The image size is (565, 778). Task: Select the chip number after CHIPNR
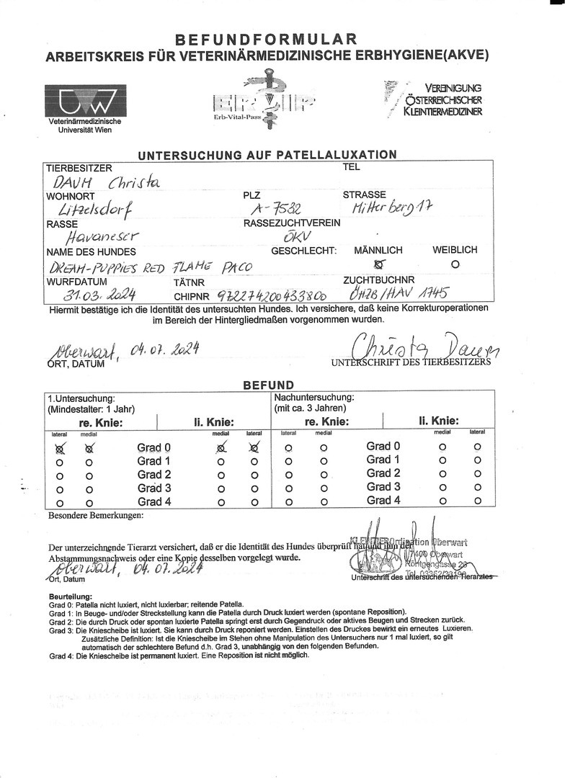[264, 295]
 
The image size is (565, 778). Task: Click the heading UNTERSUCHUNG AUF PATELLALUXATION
[267, 154]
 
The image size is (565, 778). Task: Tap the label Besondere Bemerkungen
[96, 515]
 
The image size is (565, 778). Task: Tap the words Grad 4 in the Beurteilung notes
[60, 656]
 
